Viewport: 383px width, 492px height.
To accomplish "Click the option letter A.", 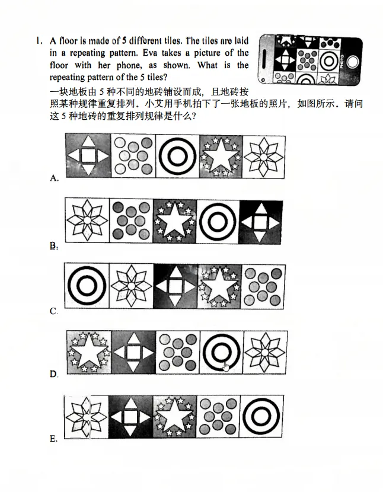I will coord(55,178).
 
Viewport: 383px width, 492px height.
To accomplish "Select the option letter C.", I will coord(54,311).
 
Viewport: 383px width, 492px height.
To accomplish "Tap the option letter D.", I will coord(54,375).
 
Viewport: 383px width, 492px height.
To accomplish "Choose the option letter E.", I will coord(54,439).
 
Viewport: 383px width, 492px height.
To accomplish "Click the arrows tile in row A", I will coord(88,155).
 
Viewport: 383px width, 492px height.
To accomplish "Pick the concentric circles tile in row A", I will coord(177,155).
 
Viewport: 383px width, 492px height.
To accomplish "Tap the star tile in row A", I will coord(221,155).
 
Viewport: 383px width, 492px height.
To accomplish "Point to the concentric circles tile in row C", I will coord(87,286).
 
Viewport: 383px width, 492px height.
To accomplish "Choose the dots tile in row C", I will coord(263,286).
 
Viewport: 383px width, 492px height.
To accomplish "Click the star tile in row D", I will coord(88,352).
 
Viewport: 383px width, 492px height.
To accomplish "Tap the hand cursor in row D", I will coord(226,365).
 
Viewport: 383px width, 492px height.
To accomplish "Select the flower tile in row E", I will coord(87,417).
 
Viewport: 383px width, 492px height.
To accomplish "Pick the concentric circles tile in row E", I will coord(261,417).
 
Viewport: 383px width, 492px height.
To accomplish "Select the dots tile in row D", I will coord(177,352).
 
